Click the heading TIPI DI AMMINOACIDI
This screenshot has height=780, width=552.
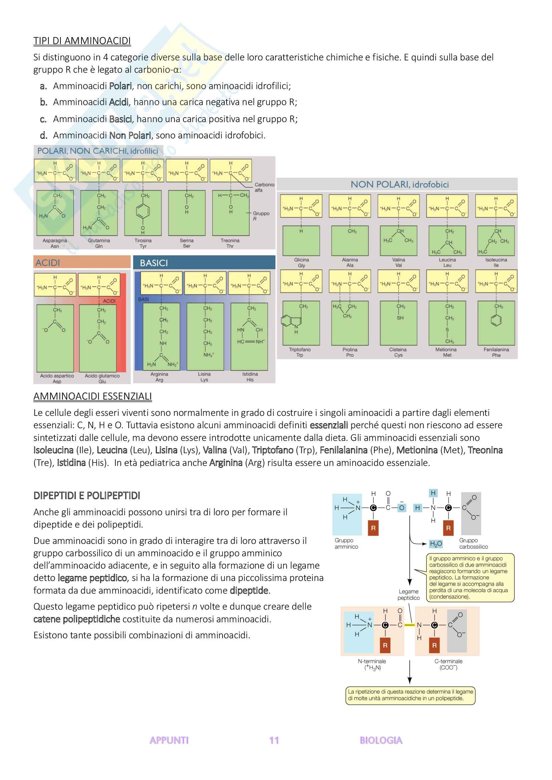click(x=82, y=41)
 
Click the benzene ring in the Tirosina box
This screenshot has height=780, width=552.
click(x=143, y=211)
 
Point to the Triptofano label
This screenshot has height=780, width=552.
click(x=299, y=349)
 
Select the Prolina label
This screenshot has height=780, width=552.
click(x=350, y=349)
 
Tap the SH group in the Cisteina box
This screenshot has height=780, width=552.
click(x=400, y=318)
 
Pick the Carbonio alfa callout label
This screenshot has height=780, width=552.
click(x=264, y=187)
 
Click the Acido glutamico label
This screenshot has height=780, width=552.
click(x=102, y=376)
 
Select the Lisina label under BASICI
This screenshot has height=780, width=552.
click(x=204, y=374)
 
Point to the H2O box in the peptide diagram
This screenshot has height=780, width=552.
click(x=436, y=544)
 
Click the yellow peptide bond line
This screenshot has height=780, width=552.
click(x=409, y=625)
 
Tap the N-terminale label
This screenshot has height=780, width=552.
click(x=372, y=661)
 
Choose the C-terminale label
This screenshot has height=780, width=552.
click(x=448, y=661)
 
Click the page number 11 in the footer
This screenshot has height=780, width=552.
click(x=274, y=740)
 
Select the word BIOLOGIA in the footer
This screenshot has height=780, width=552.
click(x=381, y=740)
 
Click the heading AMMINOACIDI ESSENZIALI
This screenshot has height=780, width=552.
click(x=92, y=397)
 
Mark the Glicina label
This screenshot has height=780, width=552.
click(x=301, y=260)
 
